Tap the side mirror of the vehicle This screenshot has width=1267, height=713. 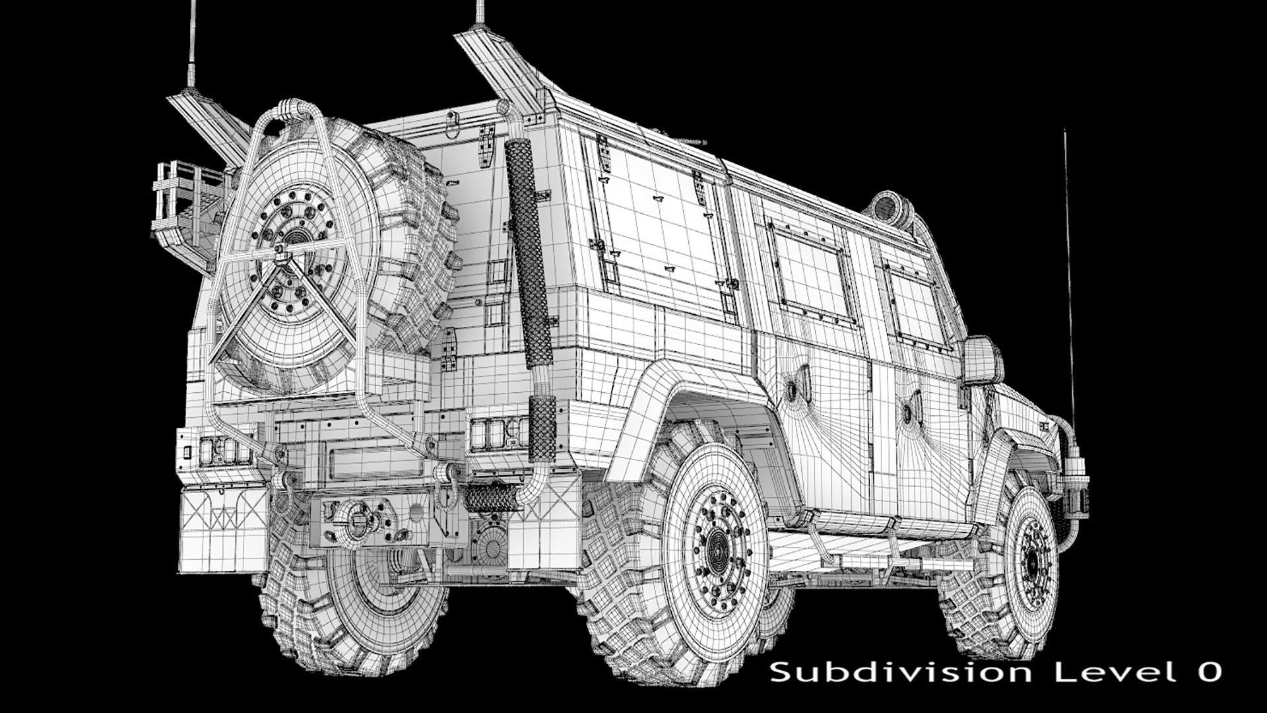coord(982,360)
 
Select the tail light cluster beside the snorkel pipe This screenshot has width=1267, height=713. coord(498,432)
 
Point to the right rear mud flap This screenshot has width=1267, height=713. coord(544,528)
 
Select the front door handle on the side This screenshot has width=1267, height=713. coord(913,404)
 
